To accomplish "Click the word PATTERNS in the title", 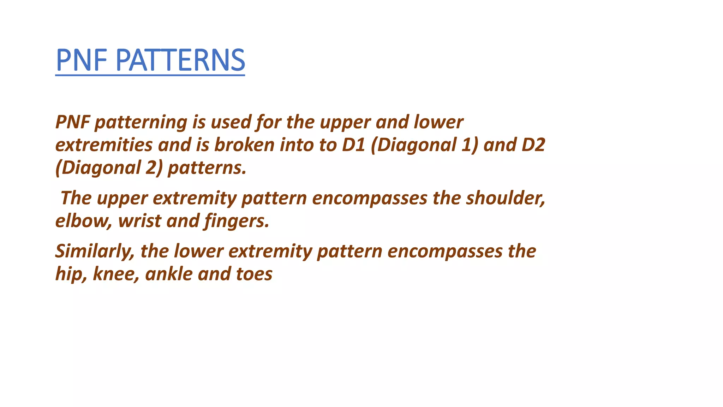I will coord(180,60).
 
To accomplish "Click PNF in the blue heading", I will coord(82,60).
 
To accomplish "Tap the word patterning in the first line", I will coord(141,122).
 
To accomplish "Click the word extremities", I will coord(104,145).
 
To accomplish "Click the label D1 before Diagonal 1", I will coord(353,145).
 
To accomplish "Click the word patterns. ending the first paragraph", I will coord(207,168).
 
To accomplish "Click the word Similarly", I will coord(95,252).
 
